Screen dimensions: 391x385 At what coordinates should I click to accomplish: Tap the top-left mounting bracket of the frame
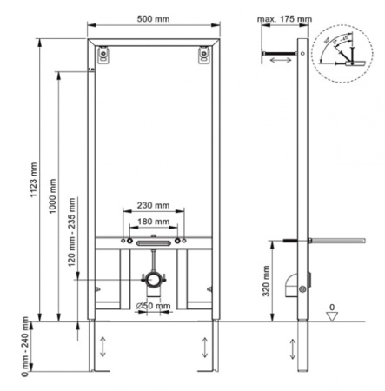tap(104, 54)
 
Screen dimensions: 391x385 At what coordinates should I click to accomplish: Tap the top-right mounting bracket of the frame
tap(205, 54)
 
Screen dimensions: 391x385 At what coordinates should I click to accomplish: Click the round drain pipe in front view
tap(153, 280)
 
